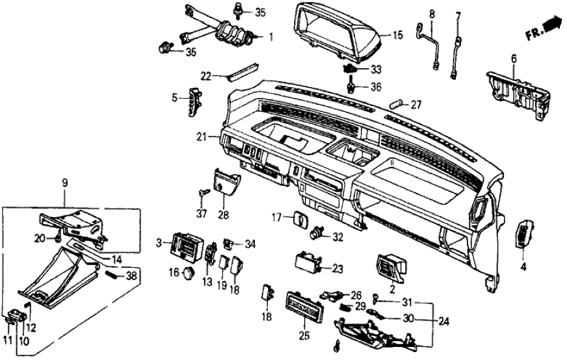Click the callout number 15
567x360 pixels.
(x=399, y=34)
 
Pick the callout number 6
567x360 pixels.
(x=514, y=59)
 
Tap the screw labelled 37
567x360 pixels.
(x=204, y=192)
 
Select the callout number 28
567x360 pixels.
(x=224, y=214)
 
